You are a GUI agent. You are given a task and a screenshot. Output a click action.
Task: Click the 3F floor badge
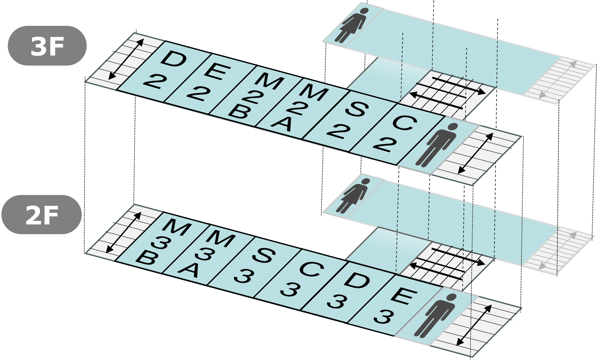[x=47, y=46]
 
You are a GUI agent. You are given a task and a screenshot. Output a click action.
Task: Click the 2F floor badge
[x=42, y=214]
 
